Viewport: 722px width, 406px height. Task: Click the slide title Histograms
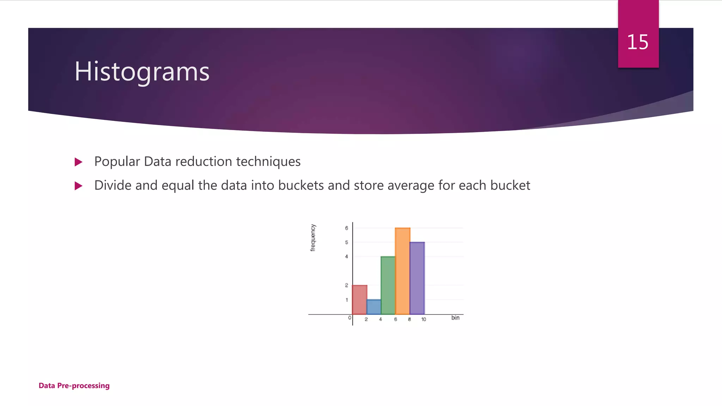point(142,72)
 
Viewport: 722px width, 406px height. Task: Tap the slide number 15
point(637,42)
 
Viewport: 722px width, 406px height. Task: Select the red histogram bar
point(360,300)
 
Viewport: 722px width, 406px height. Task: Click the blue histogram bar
point(374,307)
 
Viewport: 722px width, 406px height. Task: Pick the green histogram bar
point(388,285)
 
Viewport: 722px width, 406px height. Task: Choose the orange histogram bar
point(402,271)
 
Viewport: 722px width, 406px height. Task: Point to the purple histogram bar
point(417,278)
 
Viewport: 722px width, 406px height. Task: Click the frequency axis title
point(313,238)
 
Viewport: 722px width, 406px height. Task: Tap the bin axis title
point(455,318)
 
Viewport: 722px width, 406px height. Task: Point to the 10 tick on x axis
point(423,319)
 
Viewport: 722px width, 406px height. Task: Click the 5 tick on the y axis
point(347,242)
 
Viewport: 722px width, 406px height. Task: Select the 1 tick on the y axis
point(347,300)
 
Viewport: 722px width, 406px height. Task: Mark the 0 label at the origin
point(349,318)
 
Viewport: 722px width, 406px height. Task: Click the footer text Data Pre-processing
point(74,386)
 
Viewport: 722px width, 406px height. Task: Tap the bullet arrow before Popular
point(79,162)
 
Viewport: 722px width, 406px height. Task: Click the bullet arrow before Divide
point(79,186)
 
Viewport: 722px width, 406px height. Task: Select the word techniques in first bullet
point(268,162)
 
